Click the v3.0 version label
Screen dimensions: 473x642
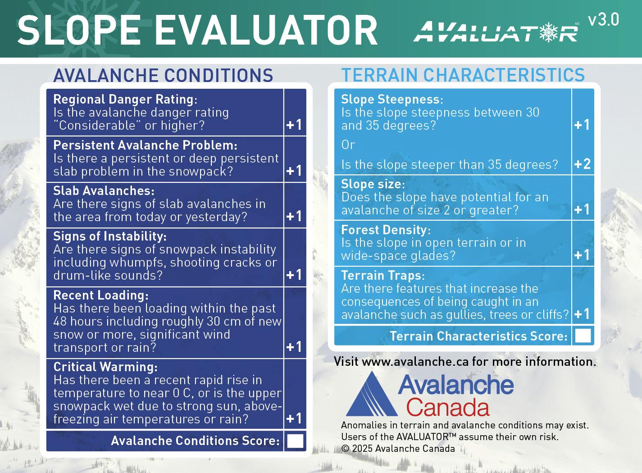point(603,20)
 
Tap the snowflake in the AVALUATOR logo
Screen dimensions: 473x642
point(548,32)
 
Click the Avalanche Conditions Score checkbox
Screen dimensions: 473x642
point(295,441)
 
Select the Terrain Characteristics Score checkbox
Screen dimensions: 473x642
point(583,336)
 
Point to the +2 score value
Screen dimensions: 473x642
point(582,164)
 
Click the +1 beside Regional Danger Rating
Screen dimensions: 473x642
point(294,125)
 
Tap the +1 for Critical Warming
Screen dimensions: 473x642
point(294,419)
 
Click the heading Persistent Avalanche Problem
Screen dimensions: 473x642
point(145,145)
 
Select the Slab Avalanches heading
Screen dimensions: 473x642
point(104,191)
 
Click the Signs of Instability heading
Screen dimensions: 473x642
point(110,236)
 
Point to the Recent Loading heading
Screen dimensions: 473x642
point(100,295)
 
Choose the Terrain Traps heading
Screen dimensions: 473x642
point(382,275)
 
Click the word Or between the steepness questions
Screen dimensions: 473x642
point(348,145)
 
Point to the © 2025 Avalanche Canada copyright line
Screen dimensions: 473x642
point(398,449)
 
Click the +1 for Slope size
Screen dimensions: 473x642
point(582,209)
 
